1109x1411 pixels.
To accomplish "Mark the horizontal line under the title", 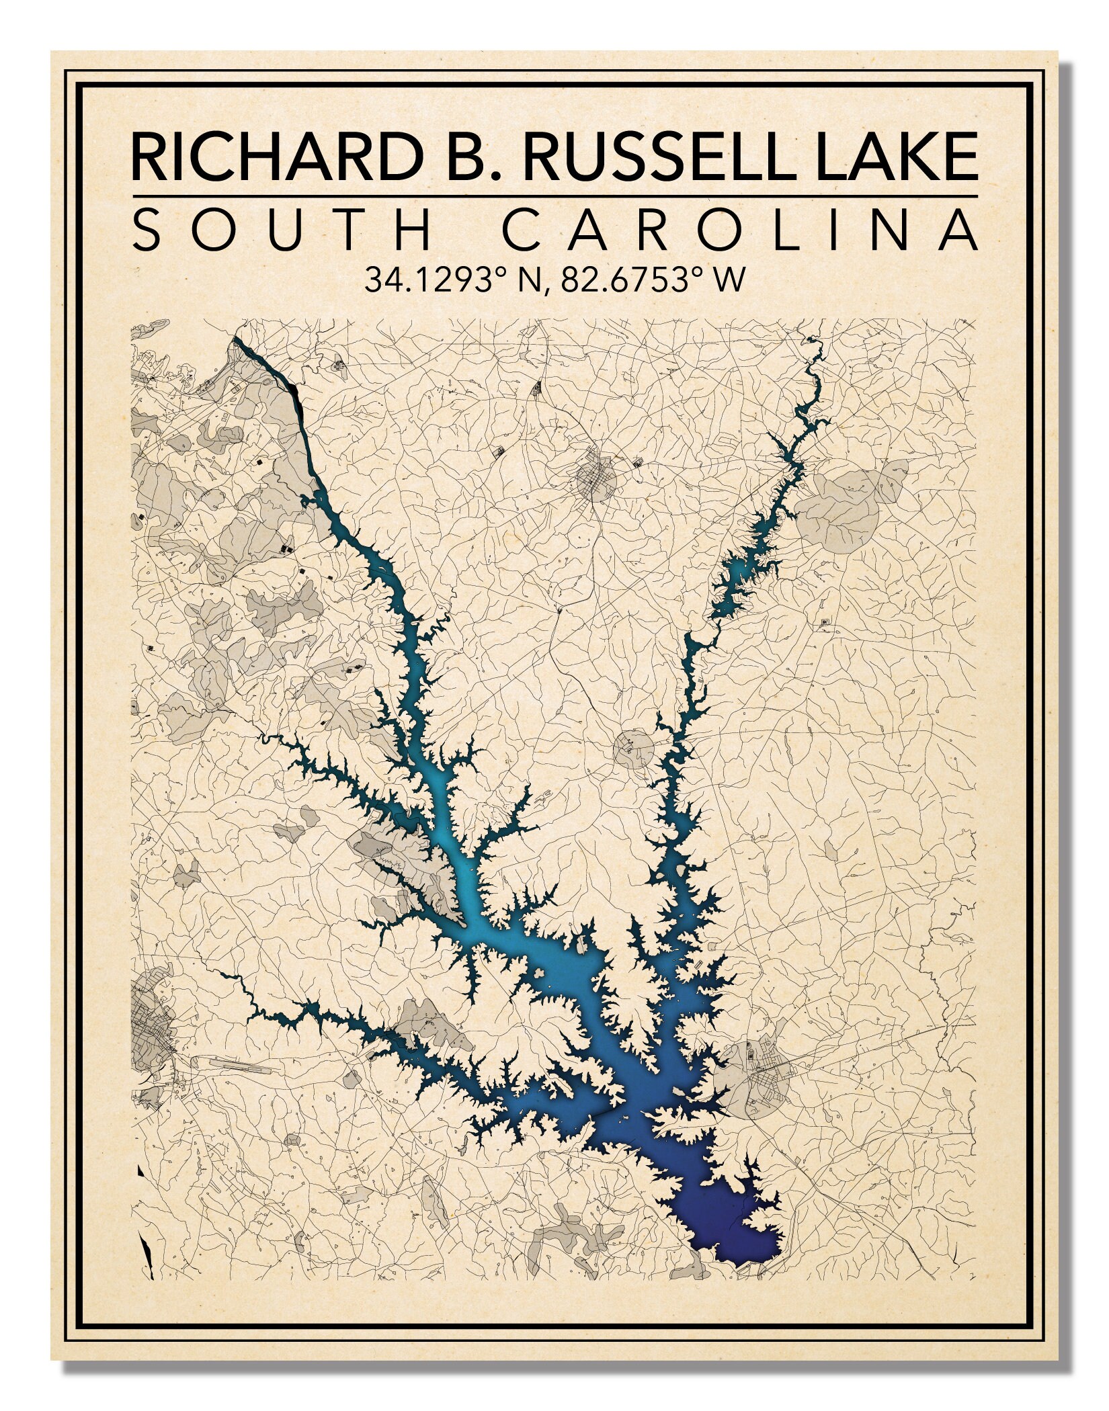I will (x=554, y=196).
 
